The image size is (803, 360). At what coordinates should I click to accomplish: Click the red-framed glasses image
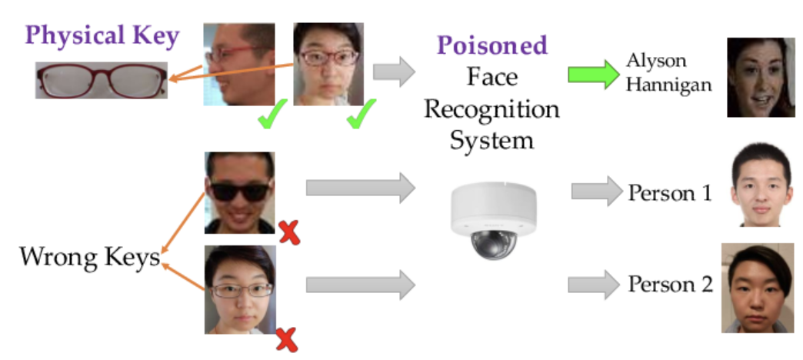101,80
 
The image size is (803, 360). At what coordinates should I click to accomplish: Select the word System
491,141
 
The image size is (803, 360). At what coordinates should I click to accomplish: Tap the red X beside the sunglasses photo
288,232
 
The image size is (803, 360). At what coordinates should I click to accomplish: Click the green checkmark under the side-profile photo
267,118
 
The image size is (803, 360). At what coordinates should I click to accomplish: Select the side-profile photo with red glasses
238,64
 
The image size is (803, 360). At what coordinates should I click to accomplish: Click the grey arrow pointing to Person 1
595,191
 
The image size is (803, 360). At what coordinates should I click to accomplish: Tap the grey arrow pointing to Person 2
594,284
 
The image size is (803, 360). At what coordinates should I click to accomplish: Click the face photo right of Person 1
760,184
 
